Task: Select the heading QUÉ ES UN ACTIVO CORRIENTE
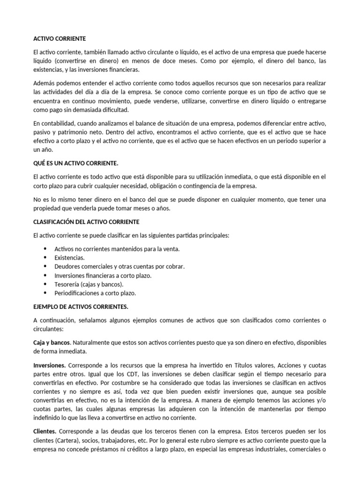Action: (76, 165)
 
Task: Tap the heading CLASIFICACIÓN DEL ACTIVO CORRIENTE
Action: (86, 222)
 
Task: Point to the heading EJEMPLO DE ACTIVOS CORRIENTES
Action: (81, 307)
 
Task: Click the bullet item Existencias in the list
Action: (69, 258)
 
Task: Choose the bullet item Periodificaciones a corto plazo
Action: (95, 293)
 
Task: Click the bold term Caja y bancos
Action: (52, 343)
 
